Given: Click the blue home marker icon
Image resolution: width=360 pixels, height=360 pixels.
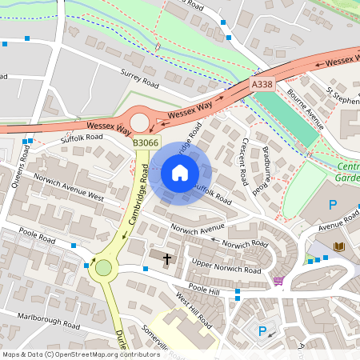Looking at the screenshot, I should pos(180,173).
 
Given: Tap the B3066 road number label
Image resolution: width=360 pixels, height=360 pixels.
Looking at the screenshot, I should pos(146,142).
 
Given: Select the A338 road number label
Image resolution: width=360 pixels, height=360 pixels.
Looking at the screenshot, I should pos(262,84).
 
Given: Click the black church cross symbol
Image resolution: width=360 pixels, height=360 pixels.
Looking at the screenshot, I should pos(167,258).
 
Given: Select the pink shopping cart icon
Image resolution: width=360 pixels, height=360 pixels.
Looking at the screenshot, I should pos(278,280).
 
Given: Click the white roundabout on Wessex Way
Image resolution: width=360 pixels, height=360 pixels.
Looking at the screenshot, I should pos(141,122).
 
